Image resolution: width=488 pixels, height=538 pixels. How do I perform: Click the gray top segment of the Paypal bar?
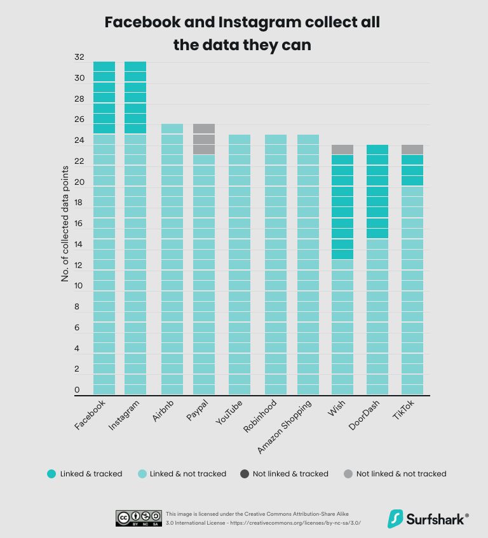tap(203, 139)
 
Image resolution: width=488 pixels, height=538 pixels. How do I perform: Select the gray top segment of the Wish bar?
tap(342, 150)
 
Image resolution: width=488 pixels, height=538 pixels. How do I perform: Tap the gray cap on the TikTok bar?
tap(411, 150)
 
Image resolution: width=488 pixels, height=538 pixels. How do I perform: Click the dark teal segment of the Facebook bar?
tap(104, 98)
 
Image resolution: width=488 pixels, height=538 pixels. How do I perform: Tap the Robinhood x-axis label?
tap(261, 416)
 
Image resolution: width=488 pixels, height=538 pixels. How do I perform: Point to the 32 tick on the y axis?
tap(79, 57)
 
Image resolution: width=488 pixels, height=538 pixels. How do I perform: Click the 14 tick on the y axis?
tap(79, 245)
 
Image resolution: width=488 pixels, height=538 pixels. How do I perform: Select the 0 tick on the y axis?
tap(77, 390)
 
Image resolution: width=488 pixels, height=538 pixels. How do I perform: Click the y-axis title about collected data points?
tap(65, 225)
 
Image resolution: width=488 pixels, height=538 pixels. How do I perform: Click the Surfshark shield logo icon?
tap(396, 518)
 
